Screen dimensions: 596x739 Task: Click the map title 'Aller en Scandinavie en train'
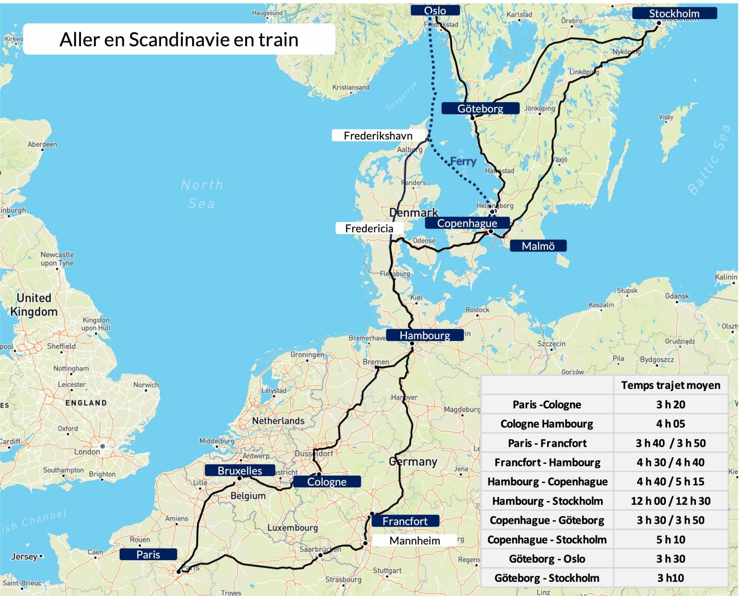(179, 39)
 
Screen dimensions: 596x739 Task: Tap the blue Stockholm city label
(674, 13)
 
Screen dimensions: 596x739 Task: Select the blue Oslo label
(435, 10)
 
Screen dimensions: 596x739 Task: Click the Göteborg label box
(480, 108)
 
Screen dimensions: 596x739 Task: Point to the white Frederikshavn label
(378, 136)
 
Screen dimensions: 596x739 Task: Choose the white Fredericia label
(369, 228)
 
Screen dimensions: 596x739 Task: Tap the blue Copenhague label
(467, 223)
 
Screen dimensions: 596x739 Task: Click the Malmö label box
(538, 246)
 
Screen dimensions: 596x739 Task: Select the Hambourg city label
(425, 335)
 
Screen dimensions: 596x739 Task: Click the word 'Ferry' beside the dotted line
(463, 161)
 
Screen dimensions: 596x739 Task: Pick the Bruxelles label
(239, 470)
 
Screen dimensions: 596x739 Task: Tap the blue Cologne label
(326, 481)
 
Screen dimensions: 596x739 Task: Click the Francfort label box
(405, 521)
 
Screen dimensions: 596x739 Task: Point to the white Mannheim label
(415, 541)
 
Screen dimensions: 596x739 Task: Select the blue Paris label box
(148, 554)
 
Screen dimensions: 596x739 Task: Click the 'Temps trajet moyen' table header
(670, 385)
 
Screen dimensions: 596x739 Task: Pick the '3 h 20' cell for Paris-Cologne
(670, 404)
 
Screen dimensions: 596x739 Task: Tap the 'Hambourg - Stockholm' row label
(547, 501)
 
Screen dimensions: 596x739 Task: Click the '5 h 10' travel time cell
(670, 539)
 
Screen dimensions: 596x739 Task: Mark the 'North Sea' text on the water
(202, 194)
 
